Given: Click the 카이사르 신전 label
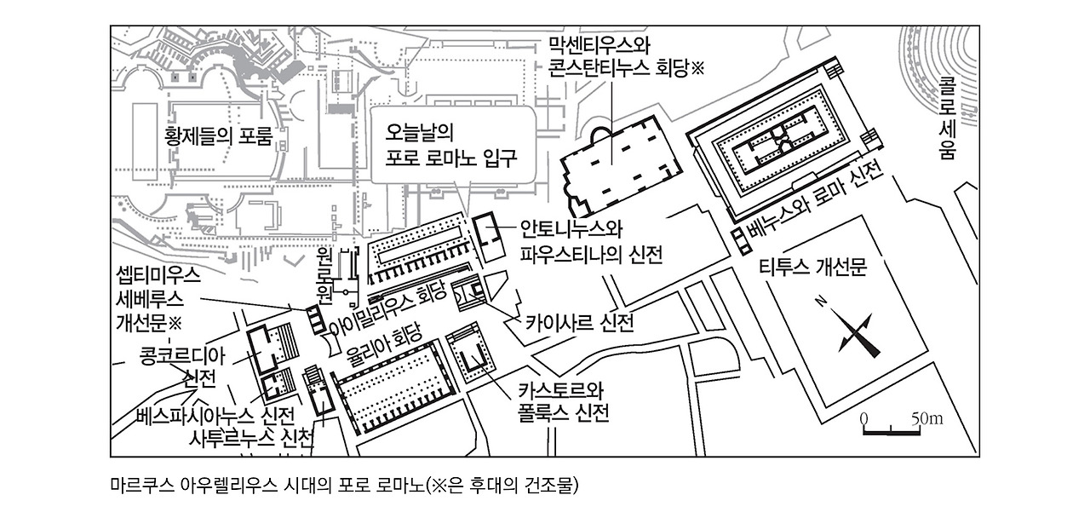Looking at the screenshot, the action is point(579,323).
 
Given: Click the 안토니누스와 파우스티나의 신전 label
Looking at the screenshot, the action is point(590,241).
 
